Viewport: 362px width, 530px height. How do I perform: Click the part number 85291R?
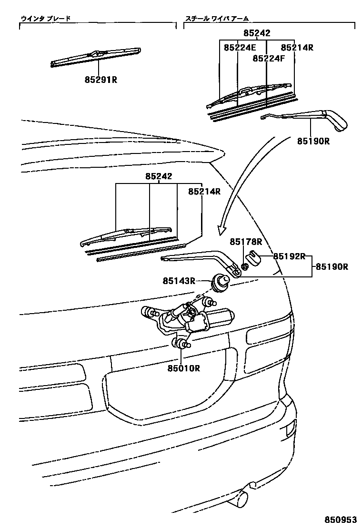101,80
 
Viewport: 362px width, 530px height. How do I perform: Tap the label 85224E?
240,48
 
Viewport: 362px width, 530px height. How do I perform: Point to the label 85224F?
268,58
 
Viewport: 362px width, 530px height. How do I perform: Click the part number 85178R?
246,242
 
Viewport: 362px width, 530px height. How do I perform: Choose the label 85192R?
289,256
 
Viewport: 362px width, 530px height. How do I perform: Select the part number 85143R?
179,281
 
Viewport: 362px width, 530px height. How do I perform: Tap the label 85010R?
183,368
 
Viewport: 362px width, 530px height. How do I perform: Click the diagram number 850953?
341,519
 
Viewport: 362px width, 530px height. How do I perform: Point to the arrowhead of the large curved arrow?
221,230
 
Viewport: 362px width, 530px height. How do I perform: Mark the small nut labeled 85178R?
244,266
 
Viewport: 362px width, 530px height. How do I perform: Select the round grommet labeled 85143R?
220,281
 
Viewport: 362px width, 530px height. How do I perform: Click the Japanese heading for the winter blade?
45,19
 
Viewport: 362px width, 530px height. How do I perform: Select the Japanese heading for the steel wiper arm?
217,19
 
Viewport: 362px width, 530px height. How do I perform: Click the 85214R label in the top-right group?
297,48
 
